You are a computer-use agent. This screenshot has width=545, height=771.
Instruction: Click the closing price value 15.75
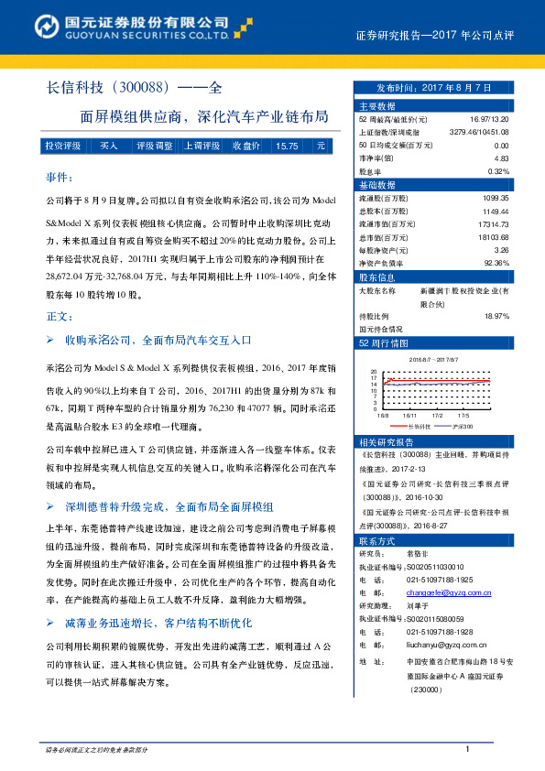[287, 146]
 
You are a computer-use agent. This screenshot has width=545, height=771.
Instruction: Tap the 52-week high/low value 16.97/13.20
[487, 120]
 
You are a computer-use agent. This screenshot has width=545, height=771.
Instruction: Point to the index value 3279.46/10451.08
[478, 133]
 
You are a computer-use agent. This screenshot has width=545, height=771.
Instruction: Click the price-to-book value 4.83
[500, 158]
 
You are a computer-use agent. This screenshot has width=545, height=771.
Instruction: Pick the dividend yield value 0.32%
[497, 171]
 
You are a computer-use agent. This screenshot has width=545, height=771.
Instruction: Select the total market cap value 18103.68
[491, 236]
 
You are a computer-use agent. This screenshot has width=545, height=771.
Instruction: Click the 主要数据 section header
[377, 106]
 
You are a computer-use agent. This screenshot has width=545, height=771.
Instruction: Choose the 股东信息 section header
[377, 276]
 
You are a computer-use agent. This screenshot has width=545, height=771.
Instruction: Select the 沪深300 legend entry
[463, 427]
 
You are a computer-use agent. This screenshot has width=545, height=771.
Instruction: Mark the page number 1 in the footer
[467, 751]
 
